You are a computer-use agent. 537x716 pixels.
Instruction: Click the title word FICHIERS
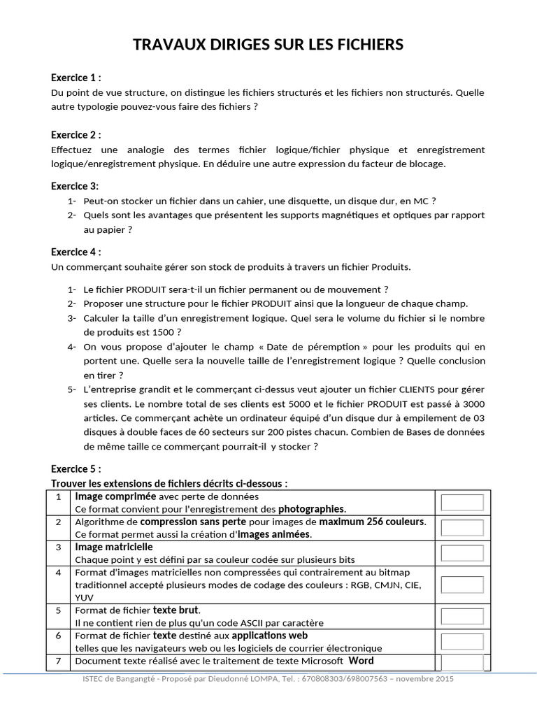(370, 45)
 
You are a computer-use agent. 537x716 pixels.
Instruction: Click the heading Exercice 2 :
(76, 135)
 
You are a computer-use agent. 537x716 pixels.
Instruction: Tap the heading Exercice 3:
(75, 186)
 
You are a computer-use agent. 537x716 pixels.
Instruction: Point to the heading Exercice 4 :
(76, 252)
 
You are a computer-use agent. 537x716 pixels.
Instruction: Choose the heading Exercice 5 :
(76, 468)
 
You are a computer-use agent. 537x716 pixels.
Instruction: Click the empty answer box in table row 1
(462, 503)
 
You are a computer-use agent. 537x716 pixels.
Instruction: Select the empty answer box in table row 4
(462, 585)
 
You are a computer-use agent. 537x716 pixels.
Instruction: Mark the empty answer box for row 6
(462, 641)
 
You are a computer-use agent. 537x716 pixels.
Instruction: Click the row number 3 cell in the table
(59, 547)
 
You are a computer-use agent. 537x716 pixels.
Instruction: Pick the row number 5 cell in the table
(59, 610)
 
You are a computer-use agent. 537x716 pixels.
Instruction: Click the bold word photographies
(311, 509)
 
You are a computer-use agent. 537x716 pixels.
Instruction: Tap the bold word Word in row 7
(361, 661)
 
